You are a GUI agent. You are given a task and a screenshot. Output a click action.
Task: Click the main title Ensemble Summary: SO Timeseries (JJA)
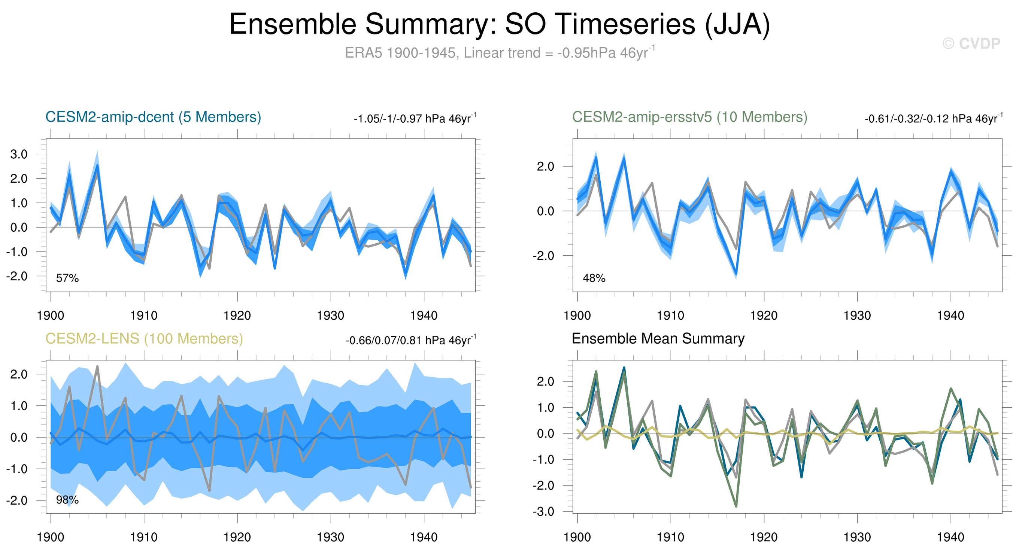[x=500, y=24]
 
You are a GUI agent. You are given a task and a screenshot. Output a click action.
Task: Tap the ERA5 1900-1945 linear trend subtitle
[x=500, y=52]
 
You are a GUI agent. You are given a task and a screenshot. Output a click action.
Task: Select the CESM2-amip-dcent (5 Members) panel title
[x=153, y=117]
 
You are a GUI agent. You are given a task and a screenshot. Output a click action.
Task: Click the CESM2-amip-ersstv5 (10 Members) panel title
[x=689, y=117]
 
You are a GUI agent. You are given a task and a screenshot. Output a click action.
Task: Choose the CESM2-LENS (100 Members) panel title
[x=144, y=339]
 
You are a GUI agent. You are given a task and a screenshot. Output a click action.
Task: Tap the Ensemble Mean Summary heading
[x=658, y=339]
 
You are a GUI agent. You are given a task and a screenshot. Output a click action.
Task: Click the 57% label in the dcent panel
[x=67, y=278]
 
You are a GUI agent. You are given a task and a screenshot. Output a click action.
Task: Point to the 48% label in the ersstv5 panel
[x=594, y=278]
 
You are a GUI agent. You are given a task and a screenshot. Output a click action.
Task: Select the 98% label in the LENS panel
[x=67, y=500]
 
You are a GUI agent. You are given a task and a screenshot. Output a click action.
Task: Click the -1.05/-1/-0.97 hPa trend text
[x=415, y=118]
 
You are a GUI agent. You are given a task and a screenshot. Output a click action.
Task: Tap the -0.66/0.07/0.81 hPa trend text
[x=410, y=340]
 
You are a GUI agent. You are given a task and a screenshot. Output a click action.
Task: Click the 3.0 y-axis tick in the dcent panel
[x=19, y=154]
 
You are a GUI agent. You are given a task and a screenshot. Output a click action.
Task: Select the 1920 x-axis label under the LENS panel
[x=237, y=538]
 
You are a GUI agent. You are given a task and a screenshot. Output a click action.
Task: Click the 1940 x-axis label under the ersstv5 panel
[x=950, y=316]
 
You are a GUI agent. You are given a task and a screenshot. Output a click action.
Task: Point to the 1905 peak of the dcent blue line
[x=97, y=165]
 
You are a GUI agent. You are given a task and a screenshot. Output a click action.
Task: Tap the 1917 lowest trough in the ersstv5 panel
[x=736, y=274]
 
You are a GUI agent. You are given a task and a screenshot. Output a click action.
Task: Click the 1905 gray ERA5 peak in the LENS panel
[x=97, y=366]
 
